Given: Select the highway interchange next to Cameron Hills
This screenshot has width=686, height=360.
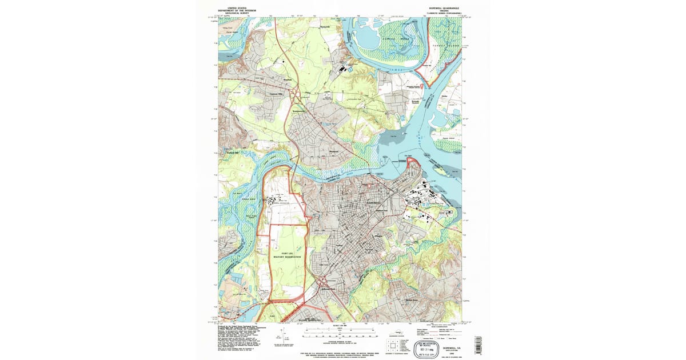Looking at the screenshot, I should [296, 94].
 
